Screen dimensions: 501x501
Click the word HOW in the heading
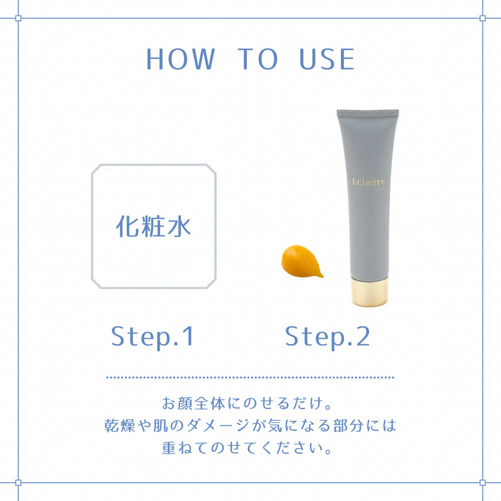tap(180, 59)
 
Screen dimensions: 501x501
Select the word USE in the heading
tap(327, 59)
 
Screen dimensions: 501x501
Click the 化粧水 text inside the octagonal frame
tap(153, 226)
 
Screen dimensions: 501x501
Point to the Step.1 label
tap(152, 336)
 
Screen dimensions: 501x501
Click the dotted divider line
tap(250, 377)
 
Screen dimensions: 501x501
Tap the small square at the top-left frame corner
tap(18, 18)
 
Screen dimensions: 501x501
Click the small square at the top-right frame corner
tap(482, 18)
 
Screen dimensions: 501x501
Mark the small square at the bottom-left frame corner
tap(18, 482)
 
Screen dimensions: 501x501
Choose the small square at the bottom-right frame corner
tap(482, 482)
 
